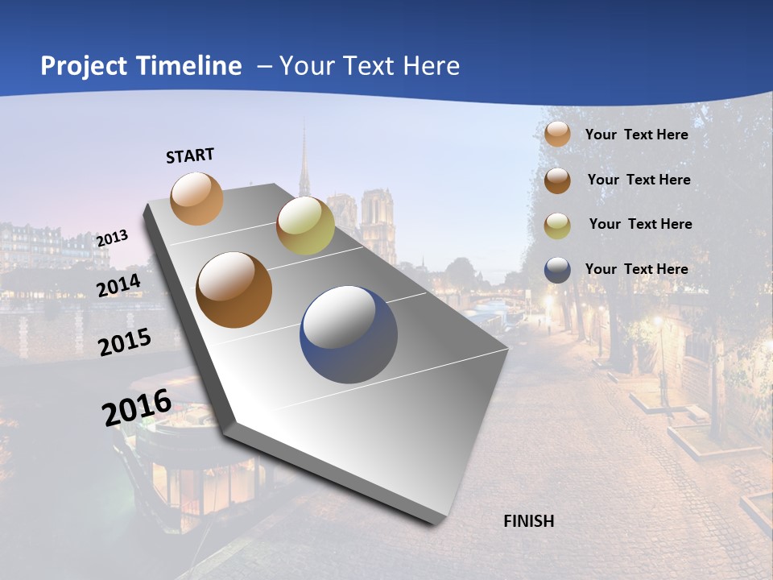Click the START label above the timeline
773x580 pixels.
pyautogui.click(x=190, y=155)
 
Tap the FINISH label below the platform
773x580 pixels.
pyautogui.click(x=528, y=521)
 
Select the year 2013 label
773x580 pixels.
pyautogui.click(x=112, y=238)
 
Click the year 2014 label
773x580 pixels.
pyautogui.click(x=119, y=286)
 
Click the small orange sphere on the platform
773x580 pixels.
pyautogui.click(x=196, y=198)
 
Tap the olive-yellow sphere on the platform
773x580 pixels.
pyautogui.click(x=305, y=226)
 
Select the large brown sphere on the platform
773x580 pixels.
pyautogui.click(x=234, y=290)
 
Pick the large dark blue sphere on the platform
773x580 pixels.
pyautogui.click(x=349, y=335)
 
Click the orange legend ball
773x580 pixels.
pyautogui.click(x=557, y=135)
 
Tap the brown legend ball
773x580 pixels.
pyautogui.click(x=557, y=180)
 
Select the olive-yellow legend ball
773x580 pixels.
pyautogui.click(x=557, y=226)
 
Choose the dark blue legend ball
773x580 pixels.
pyautogui.click(x=557, y=270)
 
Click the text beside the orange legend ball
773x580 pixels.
pyautogui.click(x=636, y=135)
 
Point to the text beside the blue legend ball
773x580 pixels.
pyautogui.click(x=636, y=269)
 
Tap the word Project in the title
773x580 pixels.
pyautogui.click(x=85, y=66)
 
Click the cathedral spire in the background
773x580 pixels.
pyautogui.click(x=304, y=161)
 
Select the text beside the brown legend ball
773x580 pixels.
pyautogui.click(x=639, y=180)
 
